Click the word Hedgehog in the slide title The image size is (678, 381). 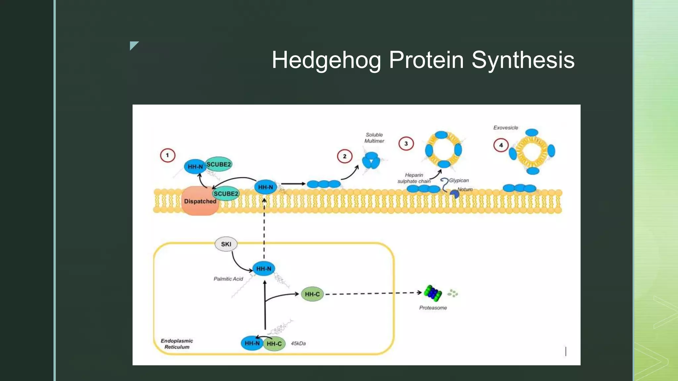pyautogui.click(x=326, y=60)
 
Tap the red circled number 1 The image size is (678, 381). pyautogui.click(x=168, y=155)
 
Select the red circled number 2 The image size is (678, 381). pyautogui.click(x=344, y=156)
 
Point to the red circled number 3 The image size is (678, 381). pyautogui.click(x=406, y=144)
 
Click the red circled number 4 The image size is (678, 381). pyautogui.click(x=501, y=145)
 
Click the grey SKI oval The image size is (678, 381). pyautogui.click(x=226, y=244)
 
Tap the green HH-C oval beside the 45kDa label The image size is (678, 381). pyautogui.click(x=274, y=344)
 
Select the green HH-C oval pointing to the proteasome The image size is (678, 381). pyautogui.click(x=312, y=294)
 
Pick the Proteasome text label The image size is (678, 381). pyautogui.click(x=433, y=308)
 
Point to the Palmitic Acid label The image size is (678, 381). pyautogui.click(x=228, y=279)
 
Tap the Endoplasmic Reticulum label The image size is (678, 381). pyautogui.click(x=177, y=344)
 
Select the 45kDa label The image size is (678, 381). pyautogui.click(x=298, y=343)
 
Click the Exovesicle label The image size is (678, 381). pyautogui.click(x=506, y=128)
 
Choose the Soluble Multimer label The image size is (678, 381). pyautogui.click(x=374, y=138)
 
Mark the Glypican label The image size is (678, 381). pyautogui.click(x=459, y=180)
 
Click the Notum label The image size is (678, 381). pyautogui.click(x=465, y=189)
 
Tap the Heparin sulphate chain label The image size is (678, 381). pyautogui.click(x=414, y=178)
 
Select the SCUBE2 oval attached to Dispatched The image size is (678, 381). pyautogui.click(x=226, y=193)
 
